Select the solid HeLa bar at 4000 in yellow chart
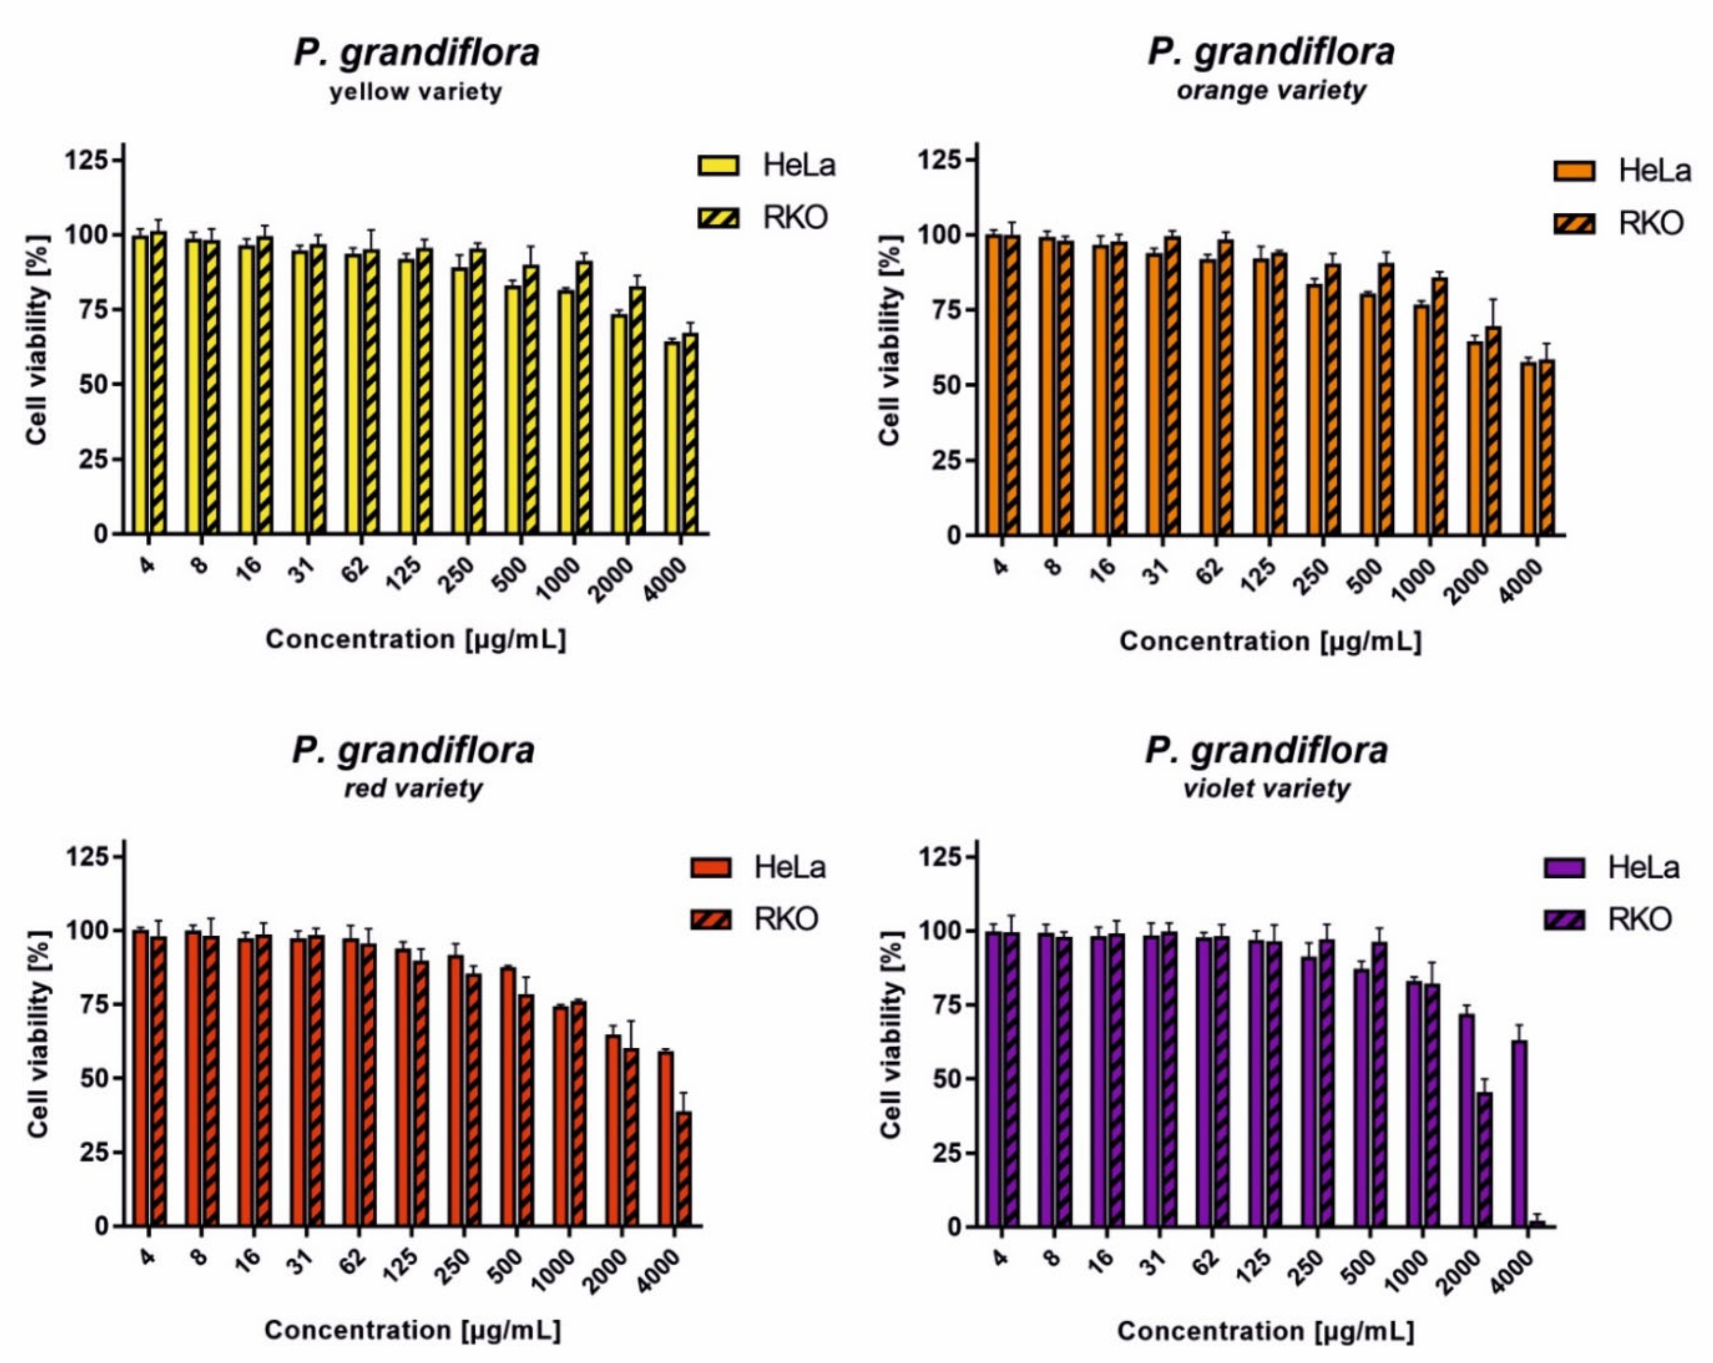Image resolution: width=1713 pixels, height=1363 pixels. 672,437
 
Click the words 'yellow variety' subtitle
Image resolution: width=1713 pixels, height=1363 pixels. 415,92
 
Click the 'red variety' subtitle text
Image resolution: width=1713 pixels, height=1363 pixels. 413,789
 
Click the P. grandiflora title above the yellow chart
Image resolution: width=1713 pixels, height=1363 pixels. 416,52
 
